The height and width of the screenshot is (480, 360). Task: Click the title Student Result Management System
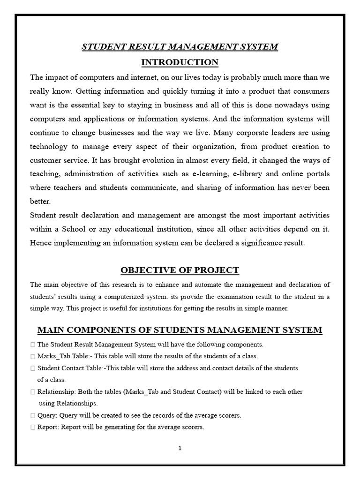tap(180, 47)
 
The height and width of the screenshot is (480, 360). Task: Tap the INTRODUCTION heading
tap(180, 62)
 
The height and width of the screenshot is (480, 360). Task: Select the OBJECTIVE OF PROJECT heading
tap(180, 270)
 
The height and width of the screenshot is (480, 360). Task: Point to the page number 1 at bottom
tap(180, 448)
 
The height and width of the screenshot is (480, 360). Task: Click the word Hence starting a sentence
tap(40, 243)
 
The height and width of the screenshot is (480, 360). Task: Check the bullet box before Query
tap(32, 415)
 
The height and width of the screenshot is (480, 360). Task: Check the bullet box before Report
tap(32, 427)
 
